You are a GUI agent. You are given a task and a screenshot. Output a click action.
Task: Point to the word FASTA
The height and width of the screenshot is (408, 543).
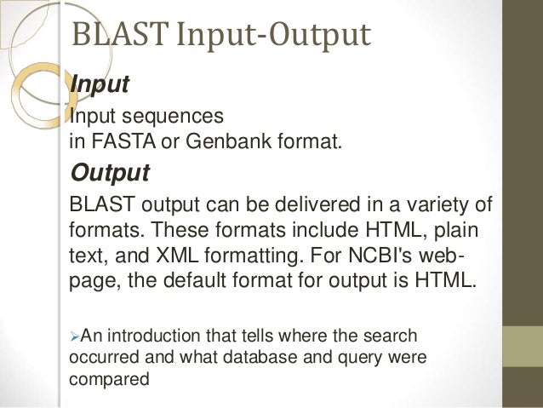pyautogui.click(x=117, y=139)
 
